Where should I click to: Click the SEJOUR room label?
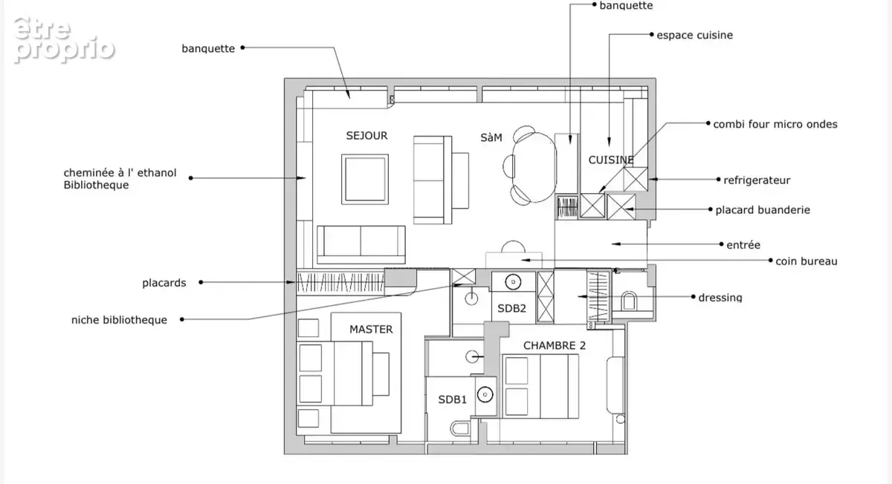click(x=366, y=136)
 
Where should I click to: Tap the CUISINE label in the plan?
click(x=611, y=160)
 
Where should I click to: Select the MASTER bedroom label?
click(x=371, y=330)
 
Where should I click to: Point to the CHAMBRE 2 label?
click(x=555, y=346)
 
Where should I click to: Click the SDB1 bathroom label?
click(x=453, y=399)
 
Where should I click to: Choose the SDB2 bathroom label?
click(x=511, y=308)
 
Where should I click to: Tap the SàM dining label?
click(x=491, y=137)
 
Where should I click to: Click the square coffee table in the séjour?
click(x=365, y=180)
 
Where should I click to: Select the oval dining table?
click(x=534, y=167)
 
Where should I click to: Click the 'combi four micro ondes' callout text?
click(x=775, y=125)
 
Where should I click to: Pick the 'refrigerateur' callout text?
click(x=757, y=180)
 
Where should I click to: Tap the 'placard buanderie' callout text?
click(x=763, y=210)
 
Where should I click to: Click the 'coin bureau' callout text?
click(x=806, y=261)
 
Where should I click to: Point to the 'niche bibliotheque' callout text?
click(x=119, y=320)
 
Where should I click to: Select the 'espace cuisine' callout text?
click(x=694, y=36)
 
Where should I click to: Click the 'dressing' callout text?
click(x=720, y=298)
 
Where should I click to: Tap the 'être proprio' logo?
click(x=64, y=40)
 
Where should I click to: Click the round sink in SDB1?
click(x=485, y=395)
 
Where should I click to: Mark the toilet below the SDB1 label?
click(x=460, y=429)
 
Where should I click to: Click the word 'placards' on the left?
click(x=164, y=283)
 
